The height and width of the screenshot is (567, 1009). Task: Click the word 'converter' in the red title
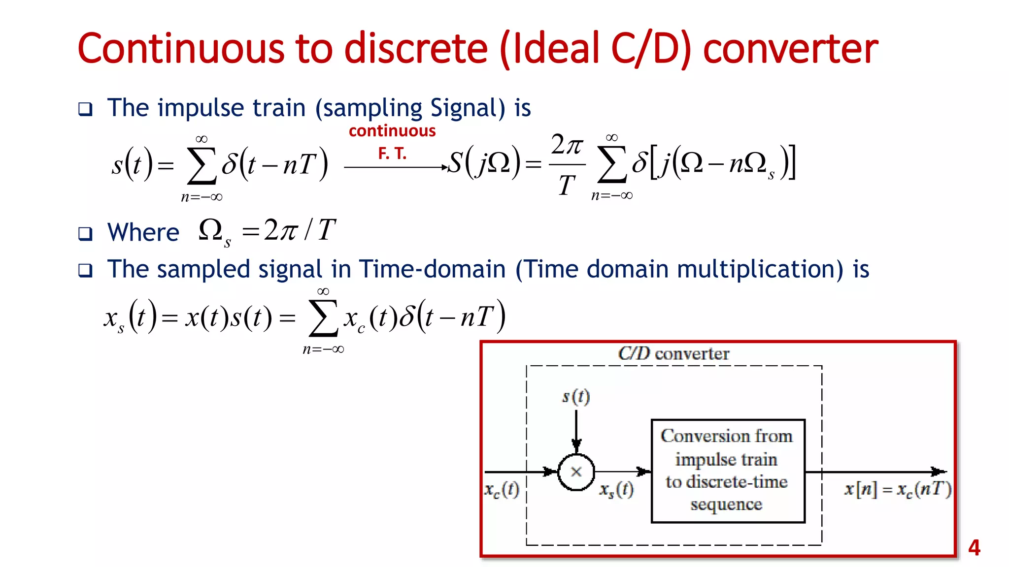790,49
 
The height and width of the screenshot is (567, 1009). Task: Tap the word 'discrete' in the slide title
415,49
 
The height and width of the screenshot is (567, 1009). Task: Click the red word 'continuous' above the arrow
392,131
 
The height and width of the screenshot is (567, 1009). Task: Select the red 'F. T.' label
392,154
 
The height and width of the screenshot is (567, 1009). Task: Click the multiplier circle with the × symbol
576,472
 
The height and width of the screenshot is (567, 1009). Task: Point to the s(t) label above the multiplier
576,396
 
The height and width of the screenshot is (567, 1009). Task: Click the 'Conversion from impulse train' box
728,471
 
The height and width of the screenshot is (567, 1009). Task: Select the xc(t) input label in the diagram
502,490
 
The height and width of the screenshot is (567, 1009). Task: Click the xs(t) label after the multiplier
616,490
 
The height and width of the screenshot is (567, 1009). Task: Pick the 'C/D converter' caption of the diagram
673,353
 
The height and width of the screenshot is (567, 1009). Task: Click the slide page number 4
974,547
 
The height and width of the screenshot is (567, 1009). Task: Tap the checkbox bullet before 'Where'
85,233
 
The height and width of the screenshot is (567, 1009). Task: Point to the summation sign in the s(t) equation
202,166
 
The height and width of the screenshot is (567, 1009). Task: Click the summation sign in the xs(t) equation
323,318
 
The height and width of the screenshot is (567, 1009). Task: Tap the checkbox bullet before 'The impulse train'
85,109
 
